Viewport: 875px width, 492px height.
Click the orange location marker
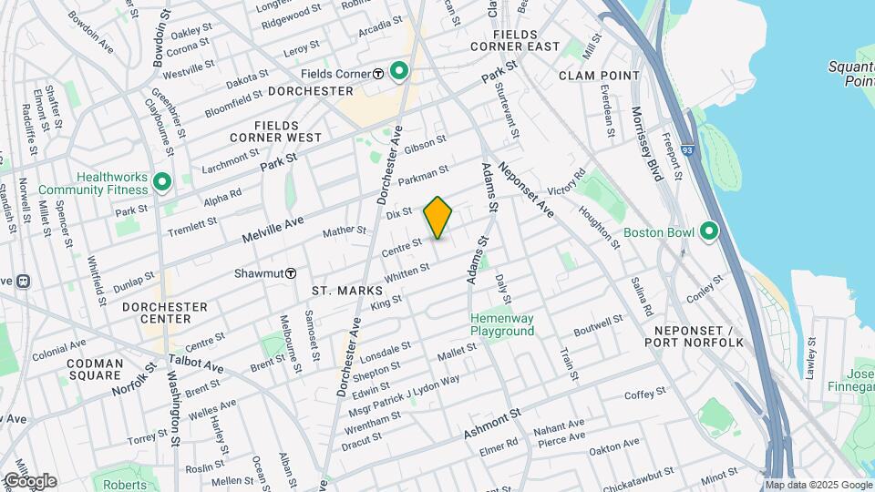437,218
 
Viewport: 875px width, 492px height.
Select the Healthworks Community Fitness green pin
163,183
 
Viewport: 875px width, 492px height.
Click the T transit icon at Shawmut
291,272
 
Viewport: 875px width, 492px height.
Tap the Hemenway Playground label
501,325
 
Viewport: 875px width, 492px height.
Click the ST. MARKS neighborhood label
340,291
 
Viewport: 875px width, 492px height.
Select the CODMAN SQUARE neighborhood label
94,369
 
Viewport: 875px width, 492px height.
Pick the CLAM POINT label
599,75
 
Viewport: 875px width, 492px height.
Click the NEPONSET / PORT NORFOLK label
694,336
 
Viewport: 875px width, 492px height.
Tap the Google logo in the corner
29,480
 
